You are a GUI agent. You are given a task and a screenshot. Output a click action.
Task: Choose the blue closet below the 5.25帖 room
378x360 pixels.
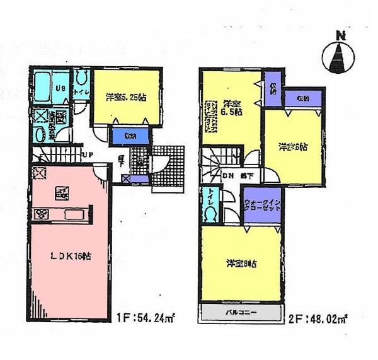[x=131, y=136]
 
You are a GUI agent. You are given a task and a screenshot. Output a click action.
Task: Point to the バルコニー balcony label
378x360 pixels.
[x=240, y=311]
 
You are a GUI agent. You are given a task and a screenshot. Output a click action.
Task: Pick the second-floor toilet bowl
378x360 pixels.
[x=210, y=213]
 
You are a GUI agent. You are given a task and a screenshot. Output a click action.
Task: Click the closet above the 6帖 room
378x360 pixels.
[x=303, y=98]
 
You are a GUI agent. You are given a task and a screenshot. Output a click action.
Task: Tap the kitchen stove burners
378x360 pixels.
[x=40, y=213]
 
